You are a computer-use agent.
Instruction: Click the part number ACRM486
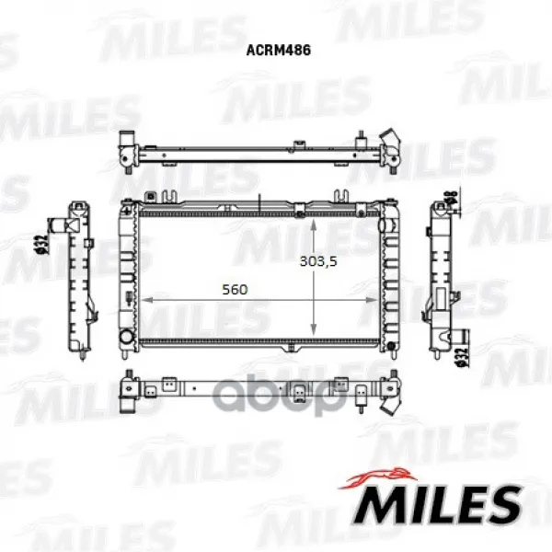[278, 50]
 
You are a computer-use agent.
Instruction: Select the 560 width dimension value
[235, 290]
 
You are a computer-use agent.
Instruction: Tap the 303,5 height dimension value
[318, 261]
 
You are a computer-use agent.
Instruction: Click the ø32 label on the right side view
[464, 358]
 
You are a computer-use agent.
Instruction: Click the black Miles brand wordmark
[437, 504]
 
